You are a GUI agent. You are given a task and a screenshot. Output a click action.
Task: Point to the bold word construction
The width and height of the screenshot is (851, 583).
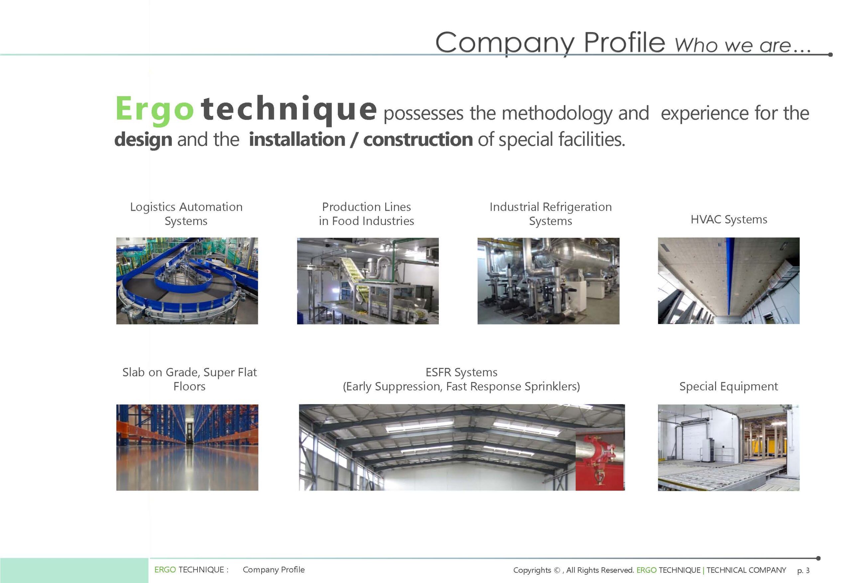(418, 140)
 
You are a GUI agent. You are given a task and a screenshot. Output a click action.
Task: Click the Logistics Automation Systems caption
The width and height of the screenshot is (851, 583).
(186, 214)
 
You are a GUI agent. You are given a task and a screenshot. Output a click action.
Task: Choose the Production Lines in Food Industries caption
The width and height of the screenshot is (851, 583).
(367, 214)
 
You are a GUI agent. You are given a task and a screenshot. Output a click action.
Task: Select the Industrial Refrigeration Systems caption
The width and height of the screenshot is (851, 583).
(550, 214)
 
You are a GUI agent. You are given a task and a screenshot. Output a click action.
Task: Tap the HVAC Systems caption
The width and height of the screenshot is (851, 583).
(729, 219)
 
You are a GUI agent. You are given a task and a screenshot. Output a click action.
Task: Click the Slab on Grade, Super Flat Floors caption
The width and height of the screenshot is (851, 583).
(189, 379)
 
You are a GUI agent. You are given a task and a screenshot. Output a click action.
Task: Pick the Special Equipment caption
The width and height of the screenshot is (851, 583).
(729, 386)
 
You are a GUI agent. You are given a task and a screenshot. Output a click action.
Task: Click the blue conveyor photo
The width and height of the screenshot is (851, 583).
(187, 281)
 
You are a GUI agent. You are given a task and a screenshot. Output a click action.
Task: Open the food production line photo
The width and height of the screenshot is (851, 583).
(368, 281)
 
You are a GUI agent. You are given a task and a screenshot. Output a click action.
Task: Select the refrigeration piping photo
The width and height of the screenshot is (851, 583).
(548, 281)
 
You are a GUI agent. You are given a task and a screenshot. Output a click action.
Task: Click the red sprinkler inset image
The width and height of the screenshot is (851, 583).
(600, 459)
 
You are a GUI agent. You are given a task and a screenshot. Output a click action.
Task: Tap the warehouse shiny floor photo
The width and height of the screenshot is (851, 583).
(187, 447)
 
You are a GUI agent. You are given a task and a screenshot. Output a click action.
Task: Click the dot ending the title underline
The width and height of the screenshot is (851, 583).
(830, 55)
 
